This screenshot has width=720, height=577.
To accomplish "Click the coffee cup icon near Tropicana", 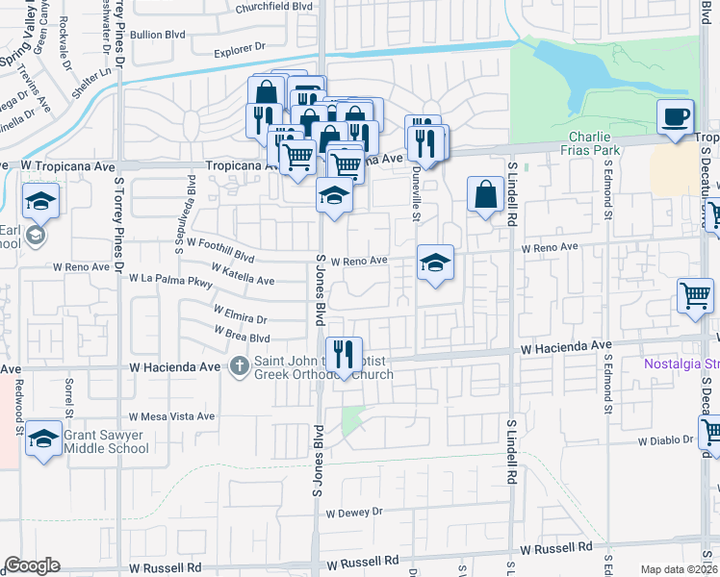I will tap(675, 116).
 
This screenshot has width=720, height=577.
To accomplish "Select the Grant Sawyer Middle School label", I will tap(106, 441).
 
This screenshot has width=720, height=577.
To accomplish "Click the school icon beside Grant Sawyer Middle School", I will tap(44, 439).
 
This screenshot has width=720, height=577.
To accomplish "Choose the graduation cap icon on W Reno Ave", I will tap(435, 263).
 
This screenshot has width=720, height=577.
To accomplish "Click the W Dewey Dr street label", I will tap(354, 513).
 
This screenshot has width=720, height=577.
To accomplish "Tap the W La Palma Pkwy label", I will tap(170, 281).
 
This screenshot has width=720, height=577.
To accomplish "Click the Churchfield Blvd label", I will tap(275, 6).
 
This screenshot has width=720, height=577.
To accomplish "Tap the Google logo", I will tap(33, 565).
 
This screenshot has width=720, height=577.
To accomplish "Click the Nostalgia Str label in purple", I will tap(681, 364).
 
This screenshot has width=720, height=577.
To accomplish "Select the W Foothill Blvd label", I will tap(220, 251).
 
